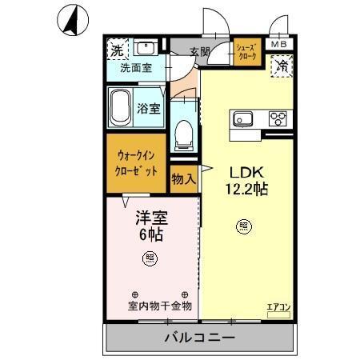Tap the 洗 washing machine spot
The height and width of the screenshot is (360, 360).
(118, 50)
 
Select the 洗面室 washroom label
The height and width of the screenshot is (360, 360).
(136, 69)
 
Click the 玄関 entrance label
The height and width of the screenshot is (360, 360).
(200, 52)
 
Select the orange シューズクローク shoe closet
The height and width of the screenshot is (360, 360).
(246, 53)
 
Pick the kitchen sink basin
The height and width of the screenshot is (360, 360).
(242, 119)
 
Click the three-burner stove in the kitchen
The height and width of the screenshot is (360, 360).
(278, 119)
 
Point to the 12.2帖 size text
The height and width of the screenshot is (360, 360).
(246, 190)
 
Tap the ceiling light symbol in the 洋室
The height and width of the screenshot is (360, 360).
(149, 257)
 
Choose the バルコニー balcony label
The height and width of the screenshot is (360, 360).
(199, 337)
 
